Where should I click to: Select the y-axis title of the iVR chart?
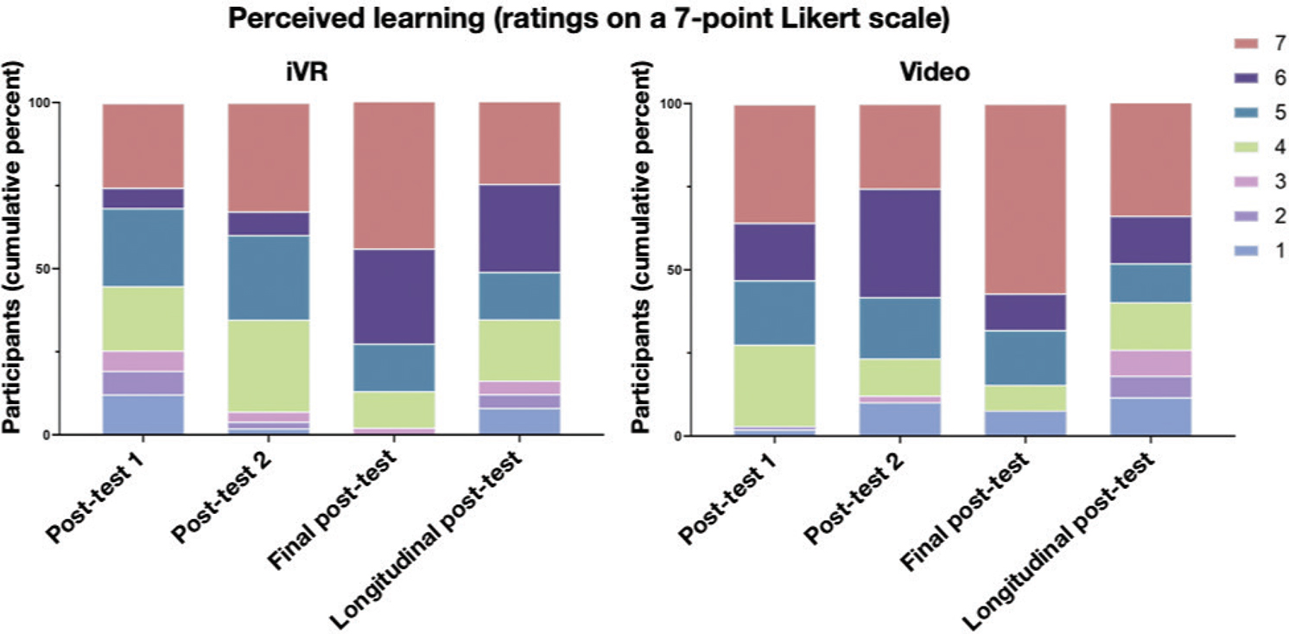pyautogui.click(x=17, y=268)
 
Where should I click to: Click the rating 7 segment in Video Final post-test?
pyautogui.click(x=1025, y=199)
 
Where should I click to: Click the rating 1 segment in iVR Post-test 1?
pyautogui.click(x=143, y=414)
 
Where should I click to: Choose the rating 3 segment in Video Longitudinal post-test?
pyautogui.click(x=1150, y=363)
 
